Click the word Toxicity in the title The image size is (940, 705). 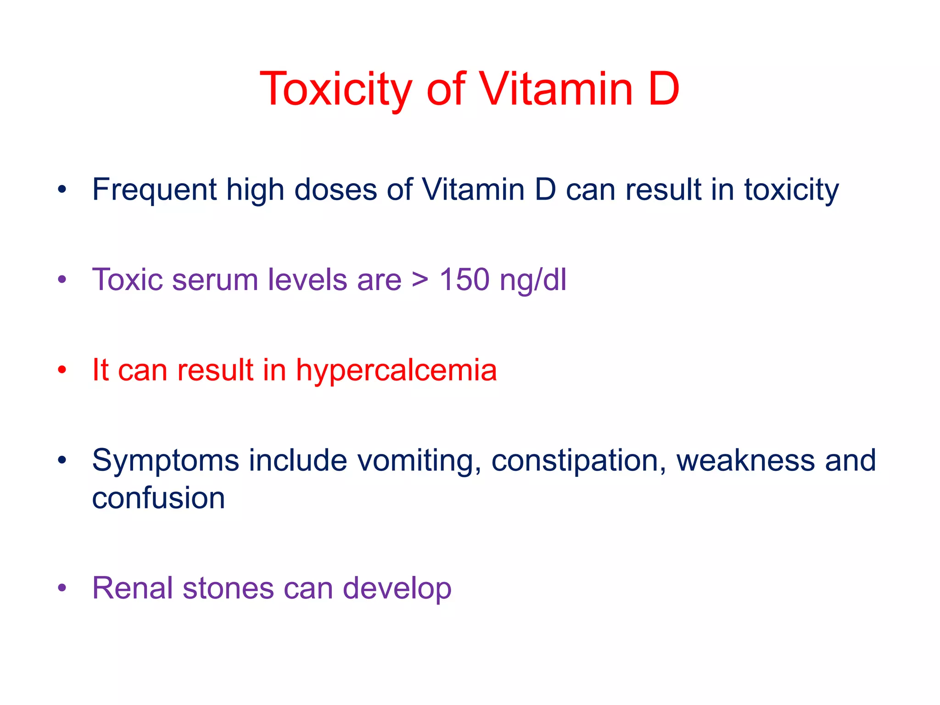(336, 89)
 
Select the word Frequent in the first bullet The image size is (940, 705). (154, 190)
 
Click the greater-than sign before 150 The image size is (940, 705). (420, 280)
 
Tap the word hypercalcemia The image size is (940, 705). (396, 370)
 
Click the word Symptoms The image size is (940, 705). (165, 461)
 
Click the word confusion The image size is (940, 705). (158, 498)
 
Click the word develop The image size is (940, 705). (397, 589)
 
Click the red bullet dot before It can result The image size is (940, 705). (62, 370)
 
